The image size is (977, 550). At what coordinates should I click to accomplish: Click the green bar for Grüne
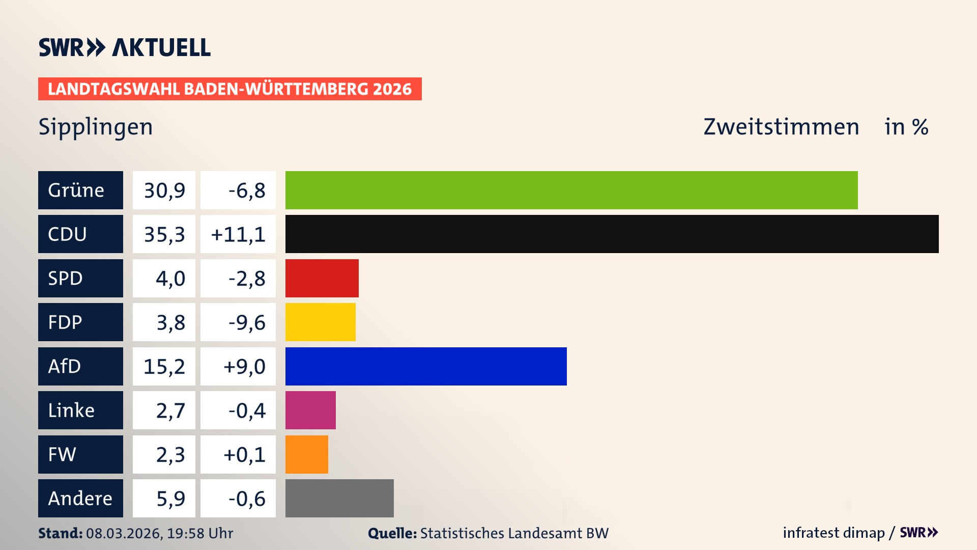[571, 190]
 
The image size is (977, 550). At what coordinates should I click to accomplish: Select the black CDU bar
[612, 234]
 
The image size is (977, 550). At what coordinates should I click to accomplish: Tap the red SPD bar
[322, 278]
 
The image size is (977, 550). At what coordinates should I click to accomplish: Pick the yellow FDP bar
[320, 322]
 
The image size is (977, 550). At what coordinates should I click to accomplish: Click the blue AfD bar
[425, 366]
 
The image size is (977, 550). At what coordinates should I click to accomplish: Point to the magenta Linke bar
[310, 410]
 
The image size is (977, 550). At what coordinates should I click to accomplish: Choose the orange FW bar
[306, 454]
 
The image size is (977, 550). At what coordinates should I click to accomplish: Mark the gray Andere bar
[339, 498]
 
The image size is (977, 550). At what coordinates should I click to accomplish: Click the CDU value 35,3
[164, 234]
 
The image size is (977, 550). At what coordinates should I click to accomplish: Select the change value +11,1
[238, 234]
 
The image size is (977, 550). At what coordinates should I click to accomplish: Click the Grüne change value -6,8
[246, 190]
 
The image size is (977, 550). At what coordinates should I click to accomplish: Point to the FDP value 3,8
[170, 322]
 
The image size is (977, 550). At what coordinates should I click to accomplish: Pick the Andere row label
[80, 498]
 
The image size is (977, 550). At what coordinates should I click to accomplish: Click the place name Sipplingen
[96, 127]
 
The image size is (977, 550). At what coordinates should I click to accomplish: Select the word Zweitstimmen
[781, 127]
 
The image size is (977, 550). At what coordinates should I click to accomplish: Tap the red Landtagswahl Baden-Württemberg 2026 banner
[229, 89]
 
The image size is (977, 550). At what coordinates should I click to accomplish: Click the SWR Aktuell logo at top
[125, 47]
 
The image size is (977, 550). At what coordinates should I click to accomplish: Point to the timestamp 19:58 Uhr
[199, 533]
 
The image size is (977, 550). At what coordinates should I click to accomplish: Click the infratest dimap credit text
[834, 533]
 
